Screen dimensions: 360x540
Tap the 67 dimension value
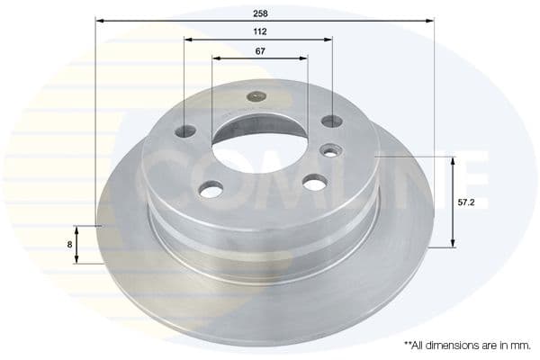pos(259,50)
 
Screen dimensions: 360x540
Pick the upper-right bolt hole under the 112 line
pos(332,121)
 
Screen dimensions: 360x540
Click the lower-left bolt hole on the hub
pos(211,190)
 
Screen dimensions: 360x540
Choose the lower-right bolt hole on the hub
pos(315,183)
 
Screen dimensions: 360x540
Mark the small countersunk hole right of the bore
pos(330,150)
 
